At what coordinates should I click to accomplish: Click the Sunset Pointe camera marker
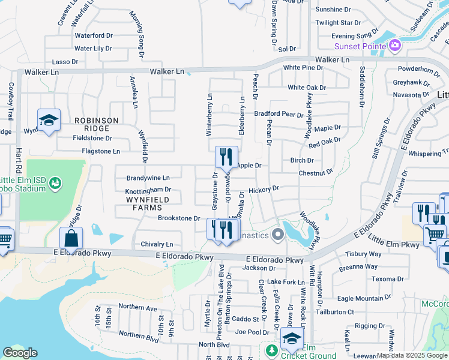(394, 45)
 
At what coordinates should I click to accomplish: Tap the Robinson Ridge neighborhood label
(97, 121)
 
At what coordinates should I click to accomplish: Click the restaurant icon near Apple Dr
(226, 158)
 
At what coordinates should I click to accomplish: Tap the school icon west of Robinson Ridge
(49, 120)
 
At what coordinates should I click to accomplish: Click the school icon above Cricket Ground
(292, 338)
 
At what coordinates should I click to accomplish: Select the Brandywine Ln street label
(148, 178)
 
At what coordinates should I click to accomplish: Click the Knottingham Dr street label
(148, 191)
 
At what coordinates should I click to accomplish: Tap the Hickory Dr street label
(264, 188)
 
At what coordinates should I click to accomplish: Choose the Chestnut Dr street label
(316, 173)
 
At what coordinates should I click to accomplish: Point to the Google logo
(20, 353)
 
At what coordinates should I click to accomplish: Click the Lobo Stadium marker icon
(55, 181)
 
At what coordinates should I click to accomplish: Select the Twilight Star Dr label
(340, 23)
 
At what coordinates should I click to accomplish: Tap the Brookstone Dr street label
(178, 218)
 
